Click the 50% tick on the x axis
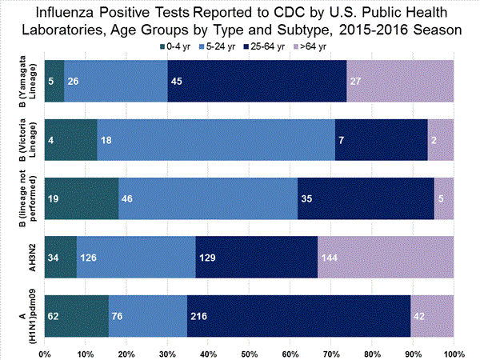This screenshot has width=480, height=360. (x=249, y=353)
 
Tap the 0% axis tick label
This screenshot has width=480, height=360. (x=45, y=353)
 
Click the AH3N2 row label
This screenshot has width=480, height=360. (x=31, y=257)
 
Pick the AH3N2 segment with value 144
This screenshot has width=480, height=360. (x=386, y=257)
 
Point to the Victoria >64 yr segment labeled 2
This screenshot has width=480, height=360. (x=441, y=139)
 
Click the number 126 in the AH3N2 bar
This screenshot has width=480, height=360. (x=88, y=257)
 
